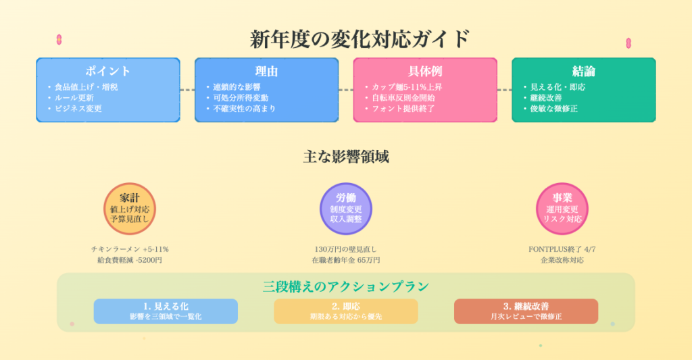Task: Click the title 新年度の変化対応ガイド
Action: click(360, 39)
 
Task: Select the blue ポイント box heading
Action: click(108, 72)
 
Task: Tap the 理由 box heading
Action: click(266, 72)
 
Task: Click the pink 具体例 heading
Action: click(425, 72)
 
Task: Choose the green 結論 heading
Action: click(583, 72)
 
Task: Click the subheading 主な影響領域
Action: click(346, 157)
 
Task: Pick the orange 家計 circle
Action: click(130, 209)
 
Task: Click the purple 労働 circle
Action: click(346, 209)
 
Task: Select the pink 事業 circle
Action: click(562, 209)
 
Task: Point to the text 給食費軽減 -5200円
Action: click(130, 260)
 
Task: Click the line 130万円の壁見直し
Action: click(346, 249)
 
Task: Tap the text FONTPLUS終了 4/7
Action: click(562, 249)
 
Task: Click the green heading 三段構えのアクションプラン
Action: click(346, 286)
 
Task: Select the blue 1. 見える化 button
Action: click(166, 311)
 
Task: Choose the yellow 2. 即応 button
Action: click(346, 311)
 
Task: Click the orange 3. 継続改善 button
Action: click(526, 311)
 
